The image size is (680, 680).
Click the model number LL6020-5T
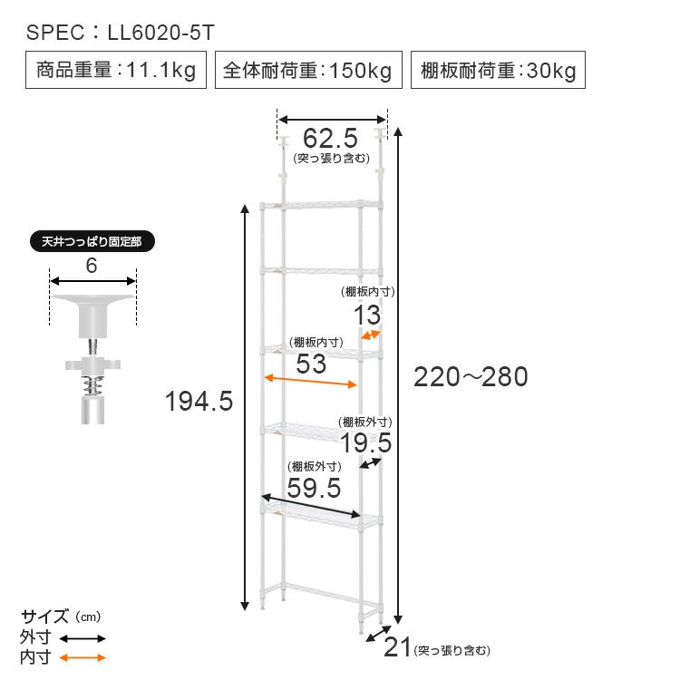click(160, 33)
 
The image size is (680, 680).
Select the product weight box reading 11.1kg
click(116, 70)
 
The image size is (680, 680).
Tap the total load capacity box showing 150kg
click(308, 70)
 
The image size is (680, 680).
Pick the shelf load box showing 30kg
click(498, 70)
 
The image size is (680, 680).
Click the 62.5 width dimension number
click(330, 139)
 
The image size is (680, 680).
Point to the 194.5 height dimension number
click(199, 401)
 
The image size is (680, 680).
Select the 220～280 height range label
click(471, 376)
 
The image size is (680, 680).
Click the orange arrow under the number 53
click(310, 381)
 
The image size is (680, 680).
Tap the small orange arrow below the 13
click(371, 335)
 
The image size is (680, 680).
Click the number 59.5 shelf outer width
click(314, 488)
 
